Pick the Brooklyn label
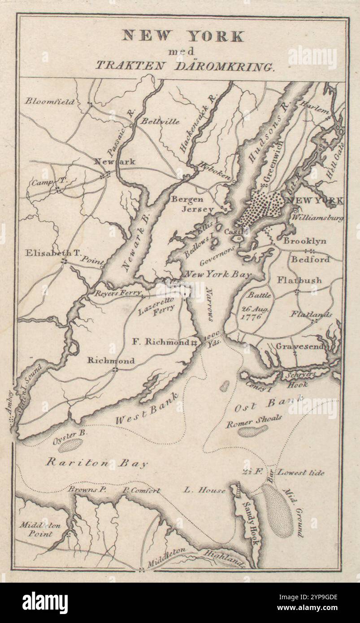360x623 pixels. point(304,241)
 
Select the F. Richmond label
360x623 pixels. point(160,342)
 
